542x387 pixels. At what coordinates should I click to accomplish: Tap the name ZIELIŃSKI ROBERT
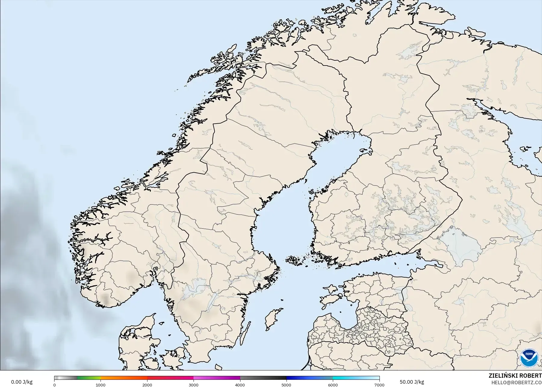click(515, 376)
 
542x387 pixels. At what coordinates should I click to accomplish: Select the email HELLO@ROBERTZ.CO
click(516, 383)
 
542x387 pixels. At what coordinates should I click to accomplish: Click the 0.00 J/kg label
click(22, 382)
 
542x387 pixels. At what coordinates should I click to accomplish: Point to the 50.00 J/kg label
click(412, 382)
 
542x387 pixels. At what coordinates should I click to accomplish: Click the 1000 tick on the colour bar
click(101, 385)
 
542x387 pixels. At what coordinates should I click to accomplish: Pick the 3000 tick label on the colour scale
click(194, 385)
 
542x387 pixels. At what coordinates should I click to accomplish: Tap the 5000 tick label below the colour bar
click(286, 385)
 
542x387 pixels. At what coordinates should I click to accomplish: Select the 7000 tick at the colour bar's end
click(379, 385)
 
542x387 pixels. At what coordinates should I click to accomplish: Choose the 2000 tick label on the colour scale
click(147, 385)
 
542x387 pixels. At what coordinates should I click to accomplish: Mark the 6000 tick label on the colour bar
click(333, 385)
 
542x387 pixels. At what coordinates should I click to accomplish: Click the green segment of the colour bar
click(89, 378)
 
